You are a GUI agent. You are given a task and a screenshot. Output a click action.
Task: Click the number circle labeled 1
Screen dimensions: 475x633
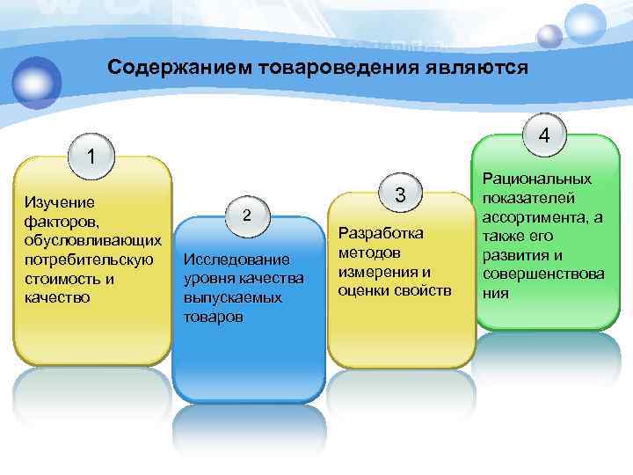91,157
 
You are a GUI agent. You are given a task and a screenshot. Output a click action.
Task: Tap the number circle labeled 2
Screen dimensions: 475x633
247,216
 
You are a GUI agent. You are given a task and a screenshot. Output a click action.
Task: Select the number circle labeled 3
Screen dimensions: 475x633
400,195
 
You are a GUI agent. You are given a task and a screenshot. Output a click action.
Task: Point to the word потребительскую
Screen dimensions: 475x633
90,260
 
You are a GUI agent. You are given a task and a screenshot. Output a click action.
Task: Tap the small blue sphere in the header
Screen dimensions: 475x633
549,36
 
